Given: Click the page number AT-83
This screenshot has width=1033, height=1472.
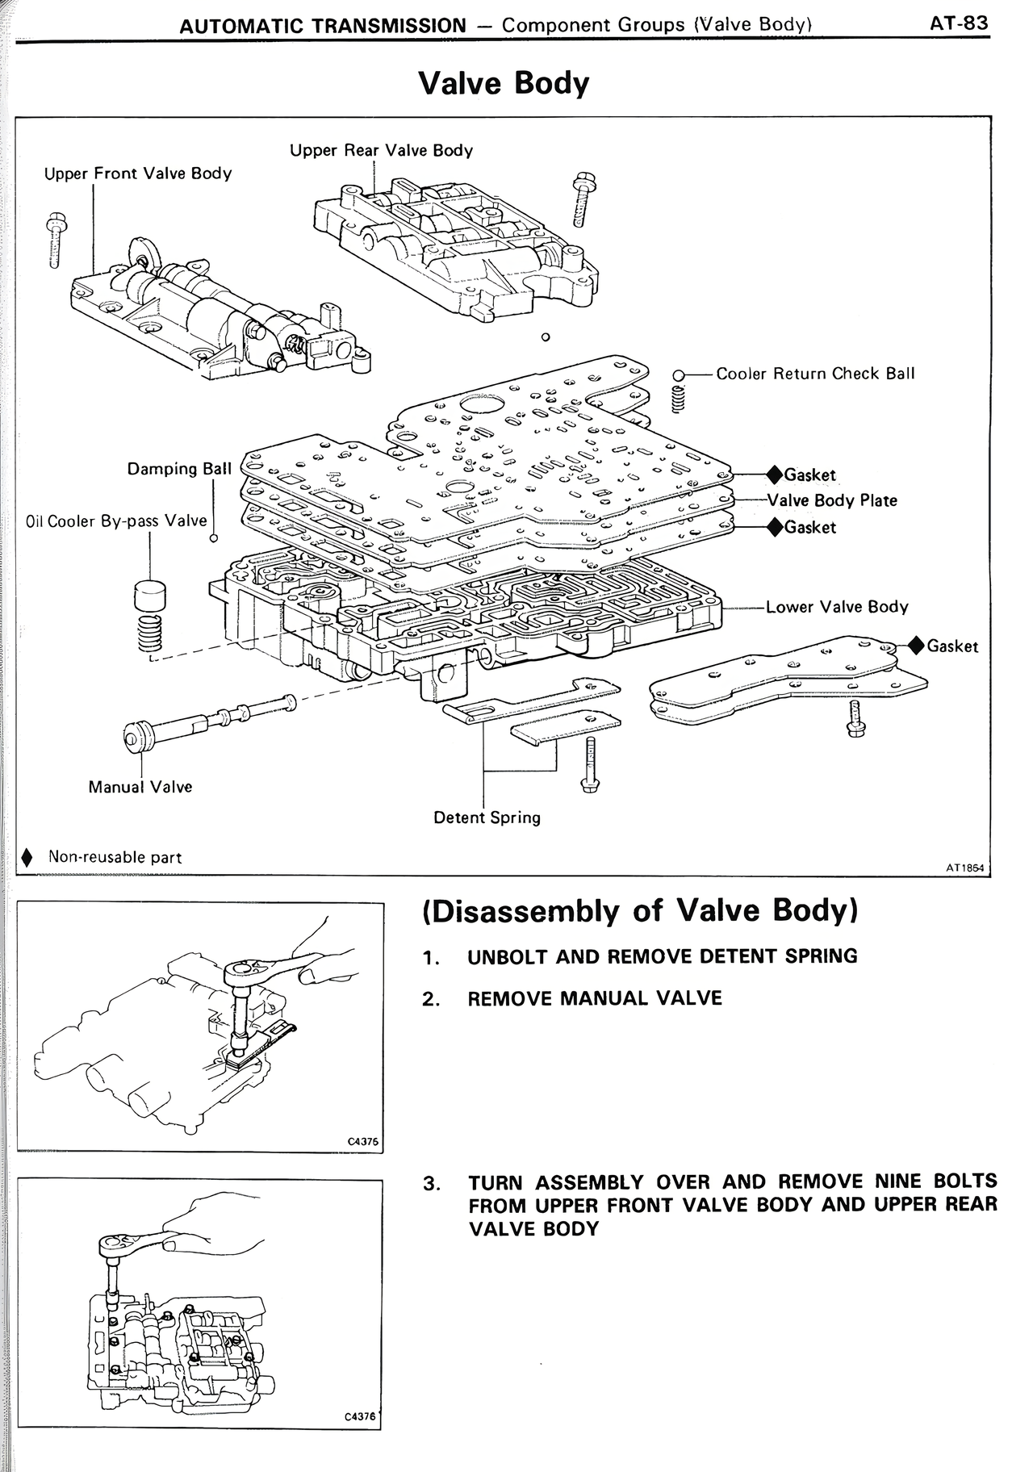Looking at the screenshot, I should tap(958, 23).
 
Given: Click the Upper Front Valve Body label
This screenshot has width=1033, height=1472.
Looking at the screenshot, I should tap(137, 174).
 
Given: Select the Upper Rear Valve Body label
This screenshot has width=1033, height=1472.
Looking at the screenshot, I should tap(381, 150).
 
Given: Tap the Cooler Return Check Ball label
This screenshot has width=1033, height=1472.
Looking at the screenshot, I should tap(815, 374).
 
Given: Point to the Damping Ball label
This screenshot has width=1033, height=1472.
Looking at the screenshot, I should tap(179, 469).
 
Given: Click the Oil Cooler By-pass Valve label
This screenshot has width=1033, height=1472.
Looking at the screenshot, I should tap(116, 521).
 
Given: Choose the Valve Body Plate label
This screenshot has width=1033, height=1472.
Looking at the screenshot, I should tap(831, 500).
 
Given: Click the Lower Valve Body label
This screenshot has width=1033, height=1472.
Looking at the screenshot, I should tap(836, 607).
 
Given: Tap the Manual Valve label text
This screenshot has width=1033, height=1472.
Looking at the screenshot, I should tap(140, 787).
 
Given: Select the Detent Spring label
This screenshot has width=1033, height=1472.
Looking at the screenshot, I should tap(487, 818).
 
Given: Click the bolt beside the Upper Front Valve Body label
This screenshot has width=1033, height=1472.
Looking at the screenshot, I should tap(55, 240).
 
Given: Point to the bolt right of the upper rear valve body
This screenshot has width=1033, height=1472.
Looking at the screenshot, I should tap(580, 201).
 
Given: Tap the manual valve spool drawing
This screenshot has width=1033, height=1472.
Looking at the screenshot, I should tap(206, 720).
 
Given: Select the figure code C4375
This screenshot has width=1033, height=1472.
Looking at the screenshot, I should tap(362, 1141).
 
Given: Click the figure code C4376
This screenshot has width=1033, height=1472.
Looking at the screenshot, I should tap(360, 1416).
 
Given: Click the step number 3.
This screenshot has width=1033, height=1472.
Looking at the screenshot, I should tap(431, 1184).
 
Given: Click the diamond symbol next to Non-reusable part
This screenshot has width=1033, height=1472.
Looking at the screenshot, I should tap(27, 857).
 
